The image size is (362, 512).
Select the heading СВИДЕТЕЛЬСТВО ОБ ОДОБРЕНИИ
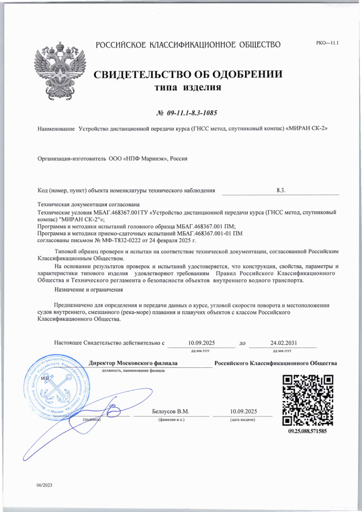point(188,74)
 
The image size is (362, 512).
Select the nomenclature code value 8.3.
point(281,190)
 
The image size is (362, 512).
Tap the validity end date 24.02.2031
point(283,343)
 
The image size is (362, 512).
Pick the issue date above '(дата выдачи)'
point(243,411)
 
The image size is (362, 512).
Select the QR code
point(308,400)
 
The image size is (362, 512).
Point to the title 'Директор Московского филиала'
point(133,363)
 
